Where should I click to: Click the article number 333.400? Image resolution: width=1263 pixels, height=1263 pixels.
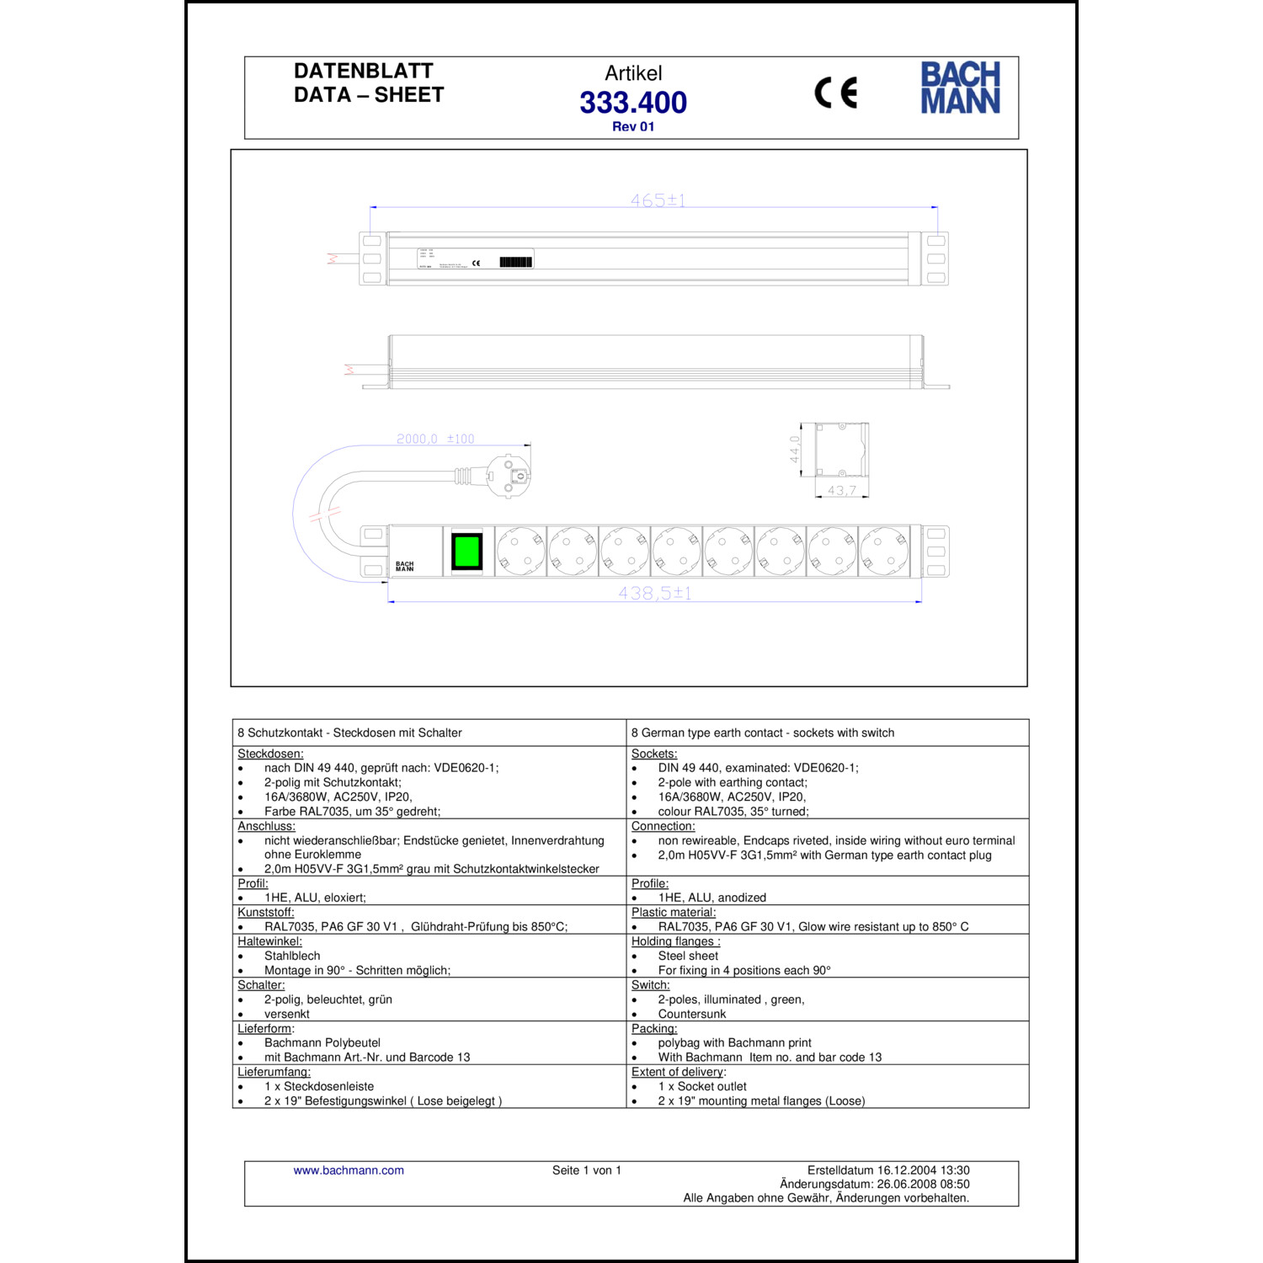(x=633, y=103)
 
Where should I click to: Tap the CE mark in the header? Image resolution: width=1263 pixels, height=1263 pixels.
(x=835, y=93)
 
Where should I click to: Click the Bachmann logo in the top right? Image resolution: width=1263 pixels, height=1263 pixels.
(x=960, y=88)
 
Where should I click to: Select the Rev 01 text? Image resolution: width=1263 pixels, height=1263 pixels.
(x=633, y=127)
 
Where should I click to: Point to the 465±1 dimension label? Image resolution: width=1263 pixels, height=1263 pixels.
(x=658, y=200)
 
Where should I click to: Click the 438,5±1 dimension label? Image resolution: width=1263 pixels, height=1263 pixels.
(x=654, y=593)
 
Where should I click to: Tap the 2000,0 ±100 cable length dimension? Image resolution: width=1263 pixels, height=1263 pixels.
(x=435, y=439)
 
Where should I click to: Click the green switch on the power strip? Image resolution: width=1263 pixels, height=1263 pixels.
(x=466, y=552)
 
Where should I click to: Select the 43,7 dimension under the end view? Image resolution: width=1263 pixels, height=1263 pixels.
(x=841, y=490)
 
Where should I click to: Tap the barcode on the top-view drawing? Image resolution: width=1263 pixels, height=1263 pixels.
(x=516, y=262)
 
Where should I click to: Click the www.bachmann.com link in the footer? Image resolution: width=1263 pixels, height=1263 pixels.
(x=349, y=1170)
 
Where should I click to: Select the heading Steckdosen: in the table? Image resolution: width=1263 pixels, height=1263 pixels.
(x=270, y=754)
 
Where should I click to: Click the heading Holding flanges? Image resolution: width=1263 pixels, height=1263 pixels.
(x=675, y=941)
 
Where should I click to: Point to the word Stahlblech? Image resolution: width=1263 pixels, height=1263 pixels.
(x=292, y=956)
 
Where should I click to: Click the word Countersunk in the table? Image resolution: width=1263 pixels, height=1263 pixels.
(x=691, y=1014)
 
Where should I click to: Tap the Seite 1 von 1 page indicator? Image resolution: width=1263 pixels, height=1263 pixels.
(x=587, y=1170)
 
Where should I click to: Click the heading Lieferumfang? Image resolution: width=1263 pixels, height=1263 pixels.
(x=274, y=1072)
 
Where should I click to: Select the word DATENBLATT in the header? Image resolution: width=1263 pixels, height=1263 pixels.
(x=364, y=72)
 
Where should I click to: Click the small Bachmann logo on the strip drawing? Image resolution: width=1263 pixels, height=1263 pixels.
(x=405, y=566)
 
